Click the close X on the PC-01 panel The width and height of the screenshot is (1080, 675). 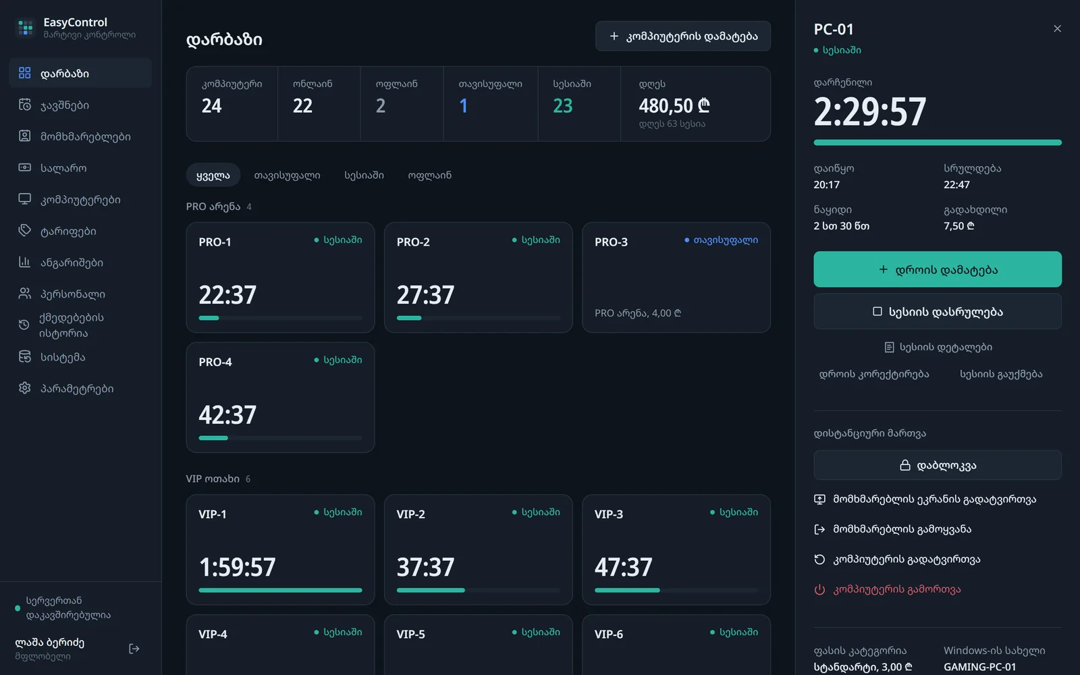(1057, 29)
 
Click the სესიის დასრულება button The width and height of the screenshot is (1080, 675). (938, 311)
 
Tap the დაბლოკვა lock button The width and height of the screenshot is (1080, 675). (938, 465)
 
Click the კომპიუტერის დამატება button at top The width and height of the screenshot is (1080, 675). (682, 36)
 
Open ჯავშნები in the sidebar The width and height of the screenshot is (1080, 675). (65, 105)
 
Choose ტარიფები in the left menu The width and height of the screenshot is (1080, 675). (68, 231)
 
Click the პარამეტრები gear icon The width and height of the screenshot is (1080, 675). (24, 387)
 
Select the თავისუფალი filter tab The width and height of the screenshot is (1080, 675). (287, 175)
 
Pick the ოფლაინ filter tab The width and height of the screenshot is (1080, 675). (429, 175)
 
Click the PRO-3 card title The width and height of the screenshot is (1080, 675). (611, 242)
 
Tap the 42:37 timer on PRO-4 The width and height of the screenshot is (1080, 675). (227, 414)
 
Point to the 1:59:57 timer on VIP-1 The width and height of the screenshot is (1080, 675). (237, 566)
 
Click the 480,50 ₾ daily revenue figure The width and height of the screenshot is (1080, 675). (674, 105)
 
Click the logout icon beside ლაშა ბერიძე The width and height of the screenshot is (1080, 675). (134, 649)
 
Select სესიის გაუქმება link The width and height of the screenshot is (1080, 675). (1001, 374)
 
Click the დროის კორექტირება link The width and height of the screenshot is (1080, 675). (873, 374)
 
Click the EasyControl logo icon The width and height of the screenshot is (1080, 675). (25, 28)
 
